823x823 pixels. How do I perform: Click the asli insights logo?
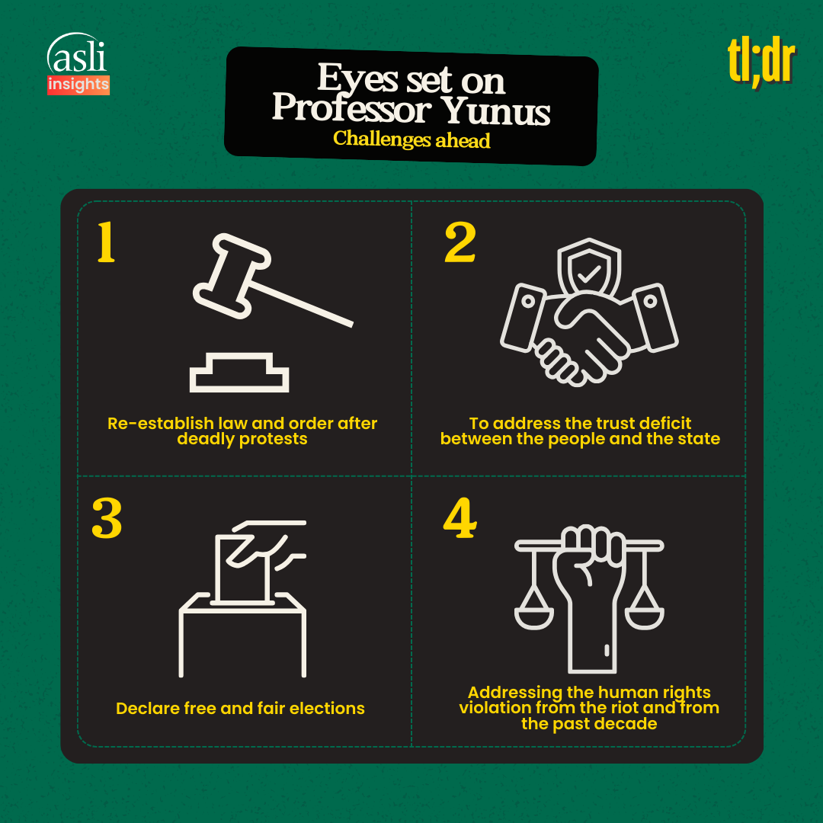78,64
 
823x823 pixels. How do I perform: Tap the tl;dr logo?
761,62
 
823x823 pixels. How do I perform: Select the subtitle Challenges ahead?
411,139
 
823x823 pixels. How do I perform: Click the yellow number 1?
106,242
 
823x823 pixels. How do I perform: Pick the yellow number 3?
107,518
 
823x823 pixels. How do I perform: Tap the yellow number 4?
460,518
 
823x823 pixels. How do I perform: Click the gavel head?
232,276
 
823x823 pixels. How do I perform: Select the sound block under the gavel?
239,372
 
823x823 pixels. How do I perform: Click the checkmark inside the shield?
589,273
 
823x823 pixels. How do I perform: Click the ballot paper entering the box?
242,568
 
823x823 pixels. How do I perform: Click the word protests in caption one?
273,440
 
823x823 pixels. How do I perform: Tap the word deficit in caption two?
665,423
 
